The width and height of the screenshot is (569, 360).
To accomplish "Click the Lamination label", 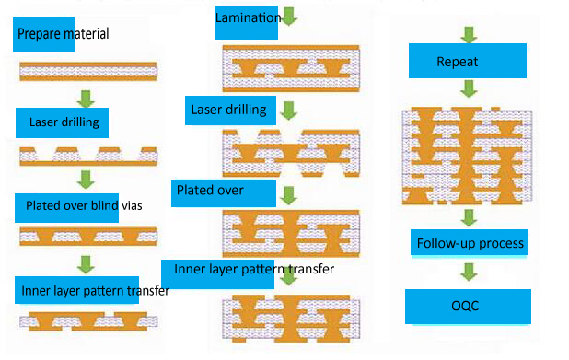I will click(x=247, y=19).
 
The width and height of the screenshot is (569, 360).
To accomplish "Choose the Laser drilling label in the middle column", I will click(x=228, y=110).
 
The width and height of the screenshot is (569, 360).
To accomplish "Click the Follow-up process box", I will click(x=470, y=244).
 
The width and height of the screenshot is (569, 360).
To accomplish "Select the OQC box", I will click(x=468, y=306).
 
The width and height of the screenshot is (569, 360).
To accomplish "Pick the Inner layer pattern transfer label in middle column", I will click(x=247, y=270).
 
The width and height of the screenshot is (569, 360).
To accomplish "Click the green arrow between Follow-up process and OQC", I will click(x=469, y=273).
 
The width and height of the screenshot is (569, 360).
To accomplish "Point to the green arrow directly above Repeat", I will click(x=469, y=36).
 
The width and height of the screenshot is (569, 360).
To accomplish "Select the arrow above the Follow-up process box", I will click(x=469, y=217).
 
